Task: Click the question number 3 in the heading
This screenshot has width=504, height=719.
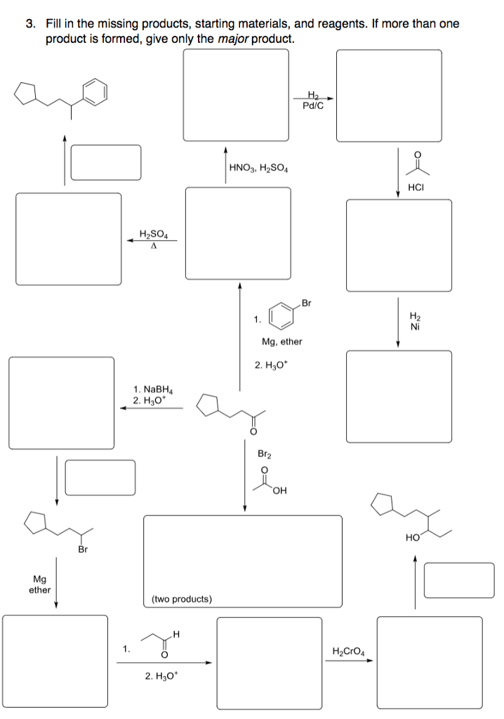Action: pos(29,24)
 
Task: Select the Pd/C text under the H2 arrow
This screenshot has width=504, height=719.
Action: pos(312,107)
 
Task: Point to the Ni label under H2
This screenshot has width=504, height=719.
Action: pos(416,326)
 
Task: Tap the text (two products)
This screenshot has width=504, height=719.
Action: pos(181,599)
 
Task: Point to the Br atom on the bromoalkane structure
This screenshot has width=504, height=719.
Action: pos(82,549)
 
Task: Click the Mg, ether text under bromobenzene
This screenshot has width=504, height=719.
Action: pos(281,341)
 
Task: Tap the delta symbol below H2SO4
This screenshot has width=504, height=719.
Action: pos(152,246)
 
